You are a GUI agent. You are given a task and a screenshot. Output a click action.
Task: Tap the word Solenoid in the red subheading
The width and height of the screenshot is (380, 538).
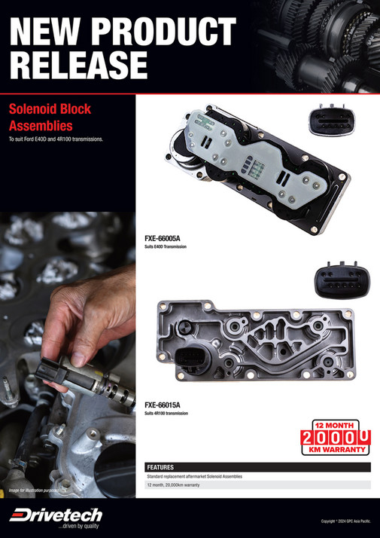[38, 109]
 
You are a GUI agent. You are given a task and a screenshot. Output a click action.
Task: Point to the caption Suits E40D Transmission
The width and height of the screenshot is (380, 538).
[165, 247]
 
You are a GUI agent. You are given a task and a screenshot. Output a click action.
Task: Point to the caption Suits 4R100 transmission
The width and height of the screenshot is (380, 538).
[166, 414]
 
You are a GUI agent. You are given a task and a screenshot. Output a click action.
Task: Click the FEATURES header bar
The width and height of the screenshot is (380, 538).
[257, 467]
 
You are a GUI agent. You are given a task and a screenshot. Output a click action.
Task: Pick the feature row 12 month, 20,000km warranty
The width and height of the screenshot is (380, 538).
[173, 486]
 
